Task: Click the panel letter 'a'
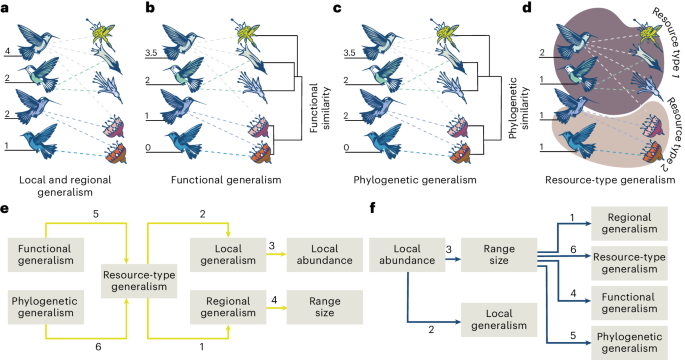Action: tap(7, 9)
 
